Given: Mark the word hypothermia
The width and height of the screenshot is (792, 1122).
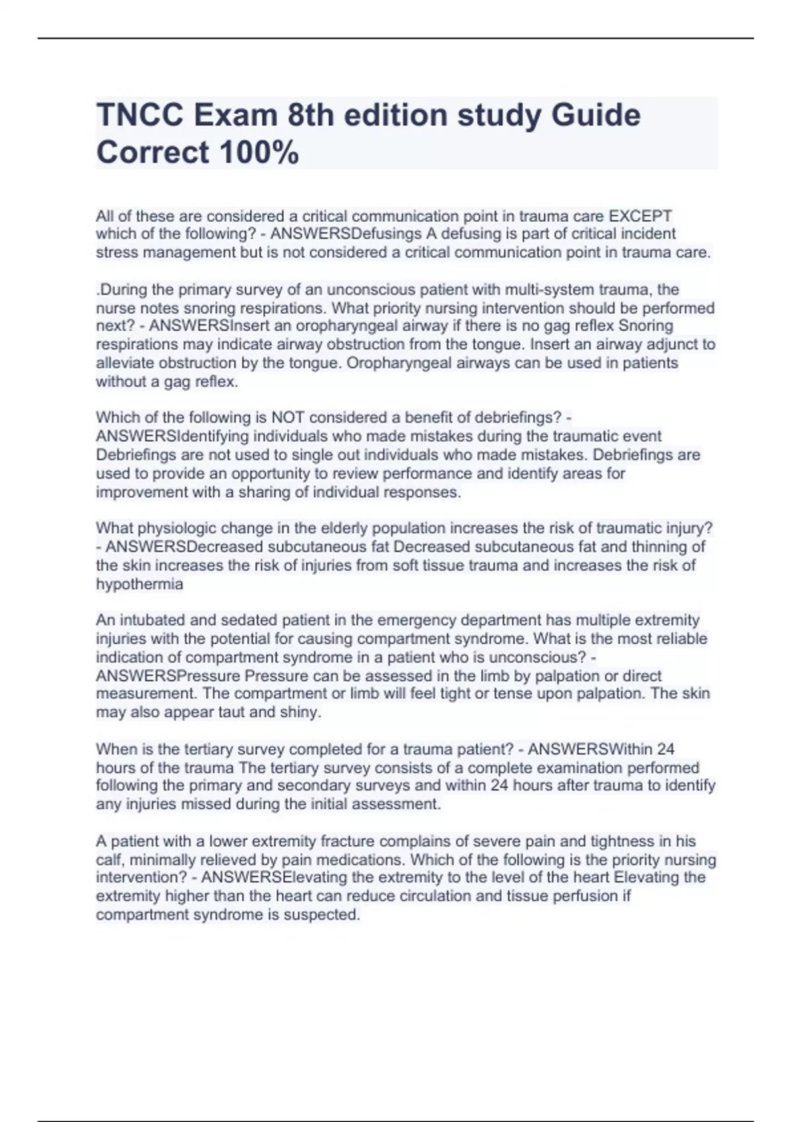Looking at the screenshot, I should click(139, 584).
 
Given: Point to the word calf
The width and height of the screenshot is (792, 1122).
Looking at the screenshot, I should click(110, 860).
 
